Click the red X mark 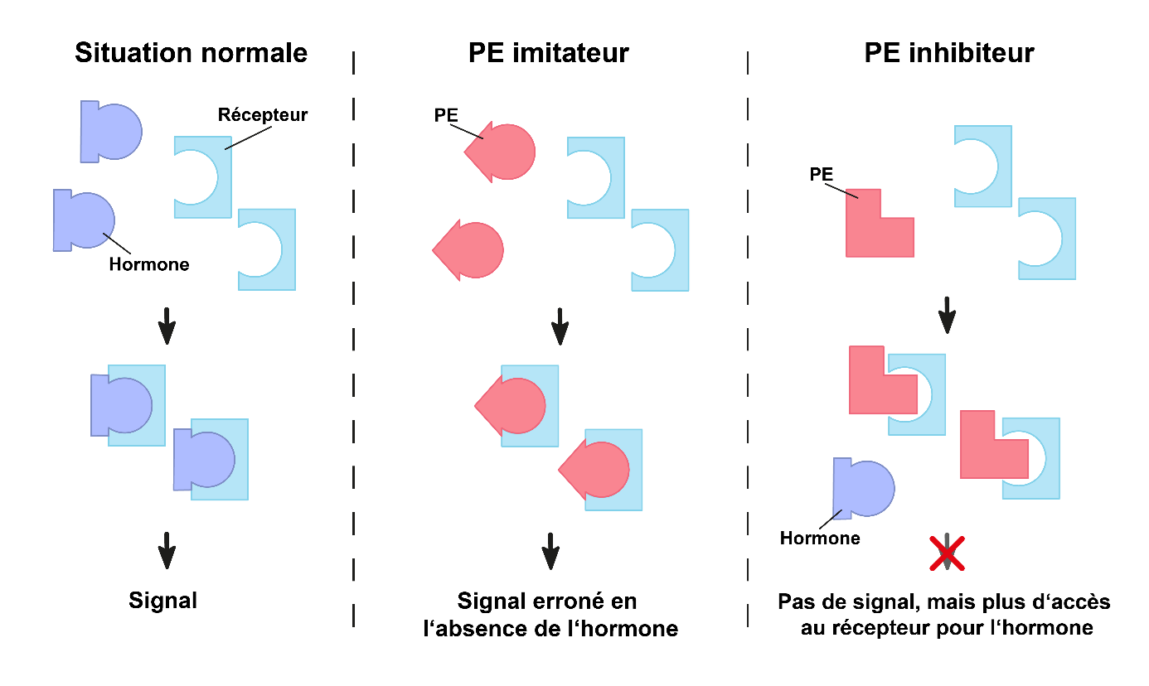(x=948, y=553)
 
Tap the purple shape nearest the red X (x=864, y=489)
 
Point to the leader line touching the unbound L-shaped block (x=841, y=191)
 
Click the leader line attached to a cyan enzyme (x=249, y=138)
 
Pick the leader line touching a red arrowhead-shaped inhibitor (x=465, y=132)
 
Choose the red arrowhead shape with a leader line (x=502, y=152)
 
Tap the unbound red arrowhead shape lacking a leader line (x=470, y=250)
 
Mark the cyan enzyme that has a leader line (x=203, y=177)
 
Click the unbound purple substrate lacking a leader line (x=111, y=132)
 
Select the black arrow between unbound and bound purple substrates (x=167, y=326)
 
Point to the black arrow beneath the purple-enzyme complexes (x=167, y=550)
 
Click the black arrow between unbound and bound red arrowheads (x=560, y=326)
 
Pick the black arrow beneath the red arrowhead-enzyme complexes (x=550, y=551)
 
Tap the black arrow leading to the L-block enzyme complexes (x=948, y=316)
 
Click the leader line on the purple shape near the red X (x=830, y=519)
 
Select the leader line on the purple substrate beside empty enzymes (x=117, y=244)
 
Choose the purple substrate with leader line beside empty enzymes (x=84, y=220)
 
